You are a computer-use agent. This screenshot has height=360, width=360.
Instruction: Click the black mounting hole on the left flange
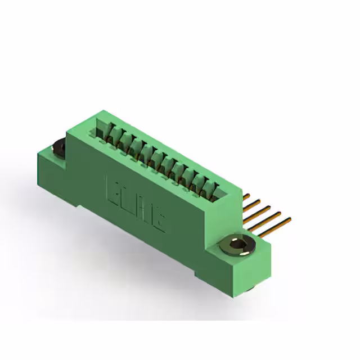58,149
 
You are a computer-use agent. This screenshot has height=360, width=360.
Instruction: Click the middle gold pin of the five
263,209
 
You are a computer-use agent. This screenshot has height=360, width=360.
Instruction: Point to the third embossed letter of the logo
143,209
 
